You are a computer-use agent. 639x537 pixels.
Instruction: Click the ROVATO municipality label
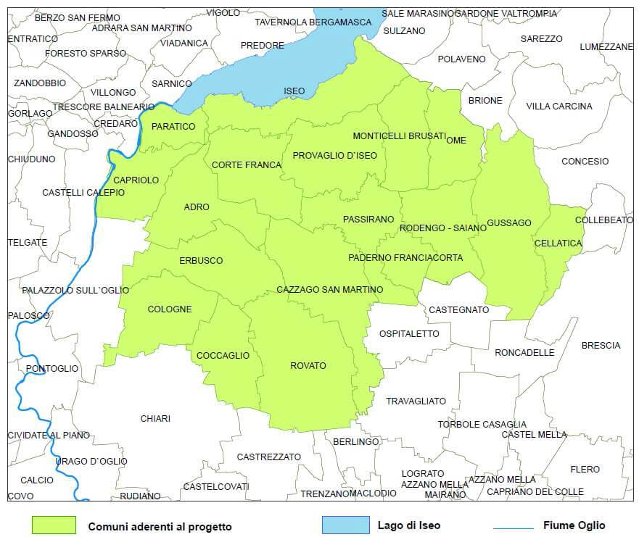pyautogui.click(x=308, y=366)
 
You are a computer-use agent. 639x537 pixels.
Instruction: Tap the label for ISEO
pyautogui.click(x=294, y=91)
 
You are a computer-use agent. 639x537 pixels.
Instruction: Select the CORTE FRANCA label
pyautogui.click(x=247, y=165)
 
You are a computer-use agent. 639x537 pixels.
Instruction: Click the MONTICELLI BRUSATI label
pyautogui.click(x=398, y=136)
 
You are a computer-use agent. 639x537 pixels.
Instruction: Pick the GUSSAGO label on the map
pyautogui.click(x=509, y=222)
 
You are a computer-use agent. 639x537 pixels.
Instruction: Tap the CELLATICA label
pyautogui.click(x=558, y=243)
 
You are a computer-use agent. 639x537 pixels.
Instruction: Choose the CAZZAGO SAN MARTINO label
pyautogui.click(x=330, y=290)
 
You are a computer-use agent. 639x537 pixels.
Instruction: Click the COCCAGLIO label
pyautogui.click(x=223, y=356)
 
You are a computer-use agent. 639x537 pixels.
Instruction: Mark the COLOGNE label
pyautogui.click(x=170, y=309)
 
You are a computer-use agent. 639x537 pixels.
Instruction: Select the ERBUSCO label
pyautogui.click(x=201, y=260)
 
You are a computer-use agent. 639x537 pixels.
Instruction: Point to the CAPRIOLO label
pyautogui.click(x=136, y=180)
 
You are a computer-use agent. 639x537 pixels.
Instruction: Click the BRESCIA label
pyautogui.click(x=601, y=346)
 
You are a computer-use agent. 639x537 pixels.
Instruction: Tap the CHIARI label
pyautogui.click(x=155, y=419)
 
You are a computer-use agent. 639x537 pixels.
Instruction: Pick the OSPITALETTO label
pyautogui.click(x=409, y=334)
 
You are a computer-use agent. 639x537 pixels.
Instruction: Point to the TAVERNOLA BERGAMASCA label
pyautogui.click(x=313, y=22)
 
